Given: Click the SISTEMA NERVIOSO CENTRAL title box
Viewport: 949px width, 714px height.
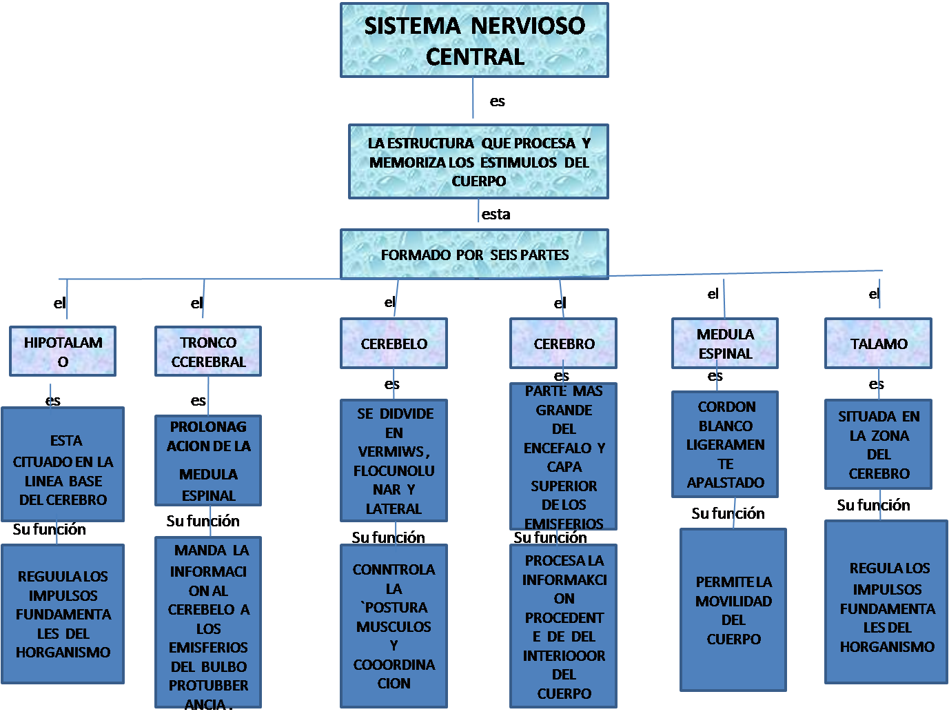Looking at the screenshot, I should click(x=474, y=40).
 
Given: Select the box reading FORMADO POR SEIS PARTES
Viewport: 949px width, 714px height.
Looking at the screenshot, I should click(x=474, y=255).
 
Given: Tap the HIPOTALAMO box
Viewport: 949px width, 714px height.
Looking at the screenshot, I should click(x=63, y=351).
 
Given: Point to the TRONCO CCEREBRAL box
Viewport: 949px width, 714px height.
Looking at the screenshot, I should click(x=208, y=351).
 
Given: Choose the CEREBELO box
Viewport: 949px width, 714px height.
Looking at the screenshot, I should click(x=394, y=344).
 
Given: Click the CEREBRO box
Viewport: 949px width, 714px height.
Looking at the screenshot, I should click(x=563, y=344).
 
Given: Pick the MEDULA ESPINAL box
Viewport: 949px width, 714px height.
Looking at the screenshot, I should click(x=725, y=344).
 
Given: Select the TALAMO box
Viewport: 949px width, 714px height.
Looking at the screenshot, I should click(x=878, y=344).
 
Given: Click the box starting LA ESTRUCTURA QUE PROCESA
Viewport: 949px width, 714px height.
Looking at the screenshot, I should click(x=478, y=162).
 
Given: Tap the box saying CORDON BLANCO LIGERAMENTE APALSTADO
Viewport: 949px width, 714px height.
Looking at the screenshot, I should click(x=725, y=444).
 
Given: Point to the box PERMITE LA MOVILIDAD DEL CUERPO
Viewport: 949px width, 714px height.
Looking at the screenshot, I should click(x=733, y=610).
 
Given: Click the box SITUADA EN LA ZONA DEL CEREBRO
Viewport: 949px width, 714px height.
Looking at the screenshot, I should click(x=878, y=444).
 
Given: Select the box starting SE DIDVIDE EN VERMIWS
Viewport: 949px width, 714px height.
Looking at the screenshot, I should click(x=394, y=461).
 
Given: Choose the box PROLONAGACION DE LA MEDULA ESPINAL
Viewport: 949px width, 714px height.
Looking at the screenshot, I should click(x=208, y=461).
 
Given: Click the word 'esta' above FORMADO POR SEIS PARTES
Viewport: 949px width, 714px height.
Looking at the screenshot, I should click(x=496, y=215).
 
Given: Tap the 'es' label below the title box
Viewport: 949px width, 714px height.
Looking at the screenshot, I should click(x=498, y=101).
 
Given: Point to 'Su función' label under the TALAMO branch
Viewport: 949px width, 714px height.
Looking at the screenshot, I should click(x=873, y=505).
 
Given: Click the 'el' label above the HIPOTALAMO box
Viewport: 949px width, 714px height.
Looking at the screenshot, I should click(x=60, y=303).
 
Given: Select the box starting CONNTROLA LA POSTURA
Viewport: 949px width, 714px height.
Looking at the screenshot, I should click(x=394, y=626).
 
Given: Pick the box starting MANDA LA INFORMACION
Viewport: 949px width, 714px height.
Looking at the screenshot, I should click(x=208, y=623).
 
